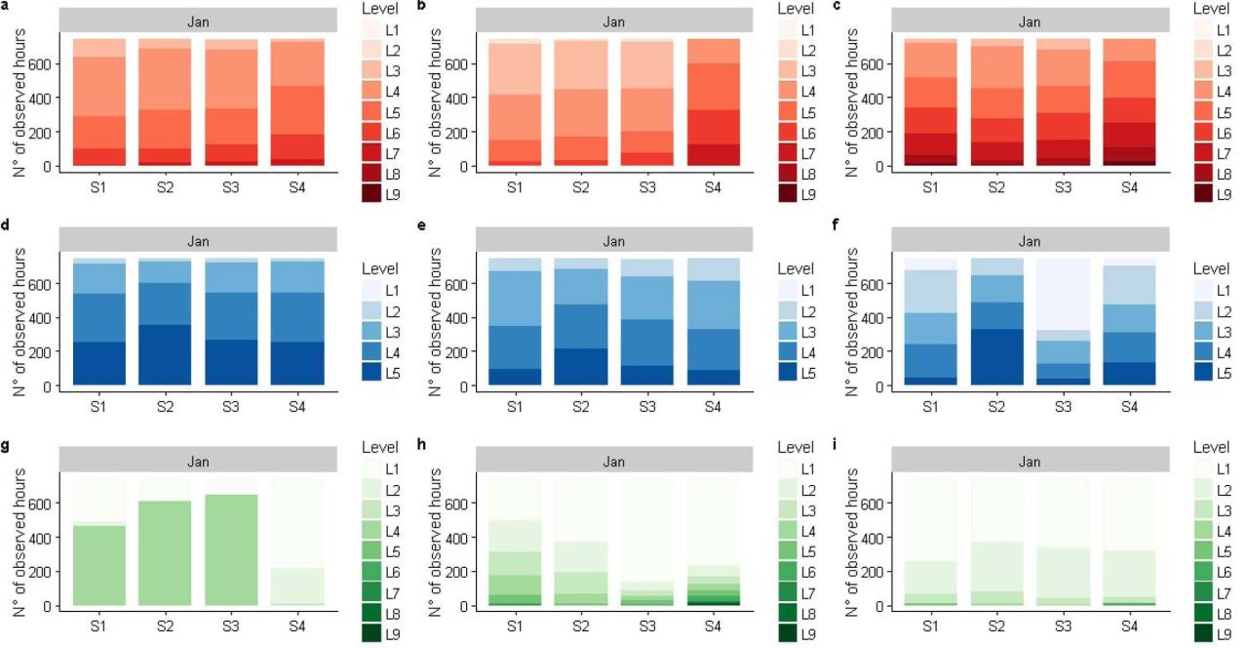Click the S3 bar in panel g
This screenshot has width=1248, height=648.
(231, 541)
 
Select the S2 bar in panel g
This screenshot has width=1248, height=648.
(165, 541)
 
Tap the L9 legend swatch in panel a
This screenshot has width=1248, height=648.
(371, 194)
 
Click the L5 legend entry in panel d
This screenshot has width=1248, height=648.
(381, 373)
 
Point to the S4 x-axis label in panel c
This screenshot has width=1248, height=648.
(1129, 187)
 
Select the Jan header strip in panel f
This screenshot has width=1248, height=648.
(1030, 241)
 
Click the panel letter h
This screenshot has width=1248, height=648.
(422, 444)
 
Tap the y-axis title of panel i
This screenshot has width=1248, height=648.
(852, 542)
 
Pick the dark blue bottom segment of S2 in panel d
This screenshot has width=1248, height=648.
(165, 354)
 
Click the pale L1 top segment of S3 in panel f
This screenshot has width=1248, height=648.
(1063, 295)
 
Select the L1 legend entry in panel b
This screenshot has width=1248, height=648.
(797, 30)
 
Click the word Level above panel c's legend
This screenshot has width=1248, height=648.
(1211, 9)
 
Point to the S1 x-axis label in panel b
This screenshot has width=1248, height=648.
(515, 187)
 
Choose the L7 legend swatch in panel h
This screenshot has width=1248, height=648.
(787, 592)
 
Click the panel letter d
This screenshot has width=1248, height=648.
(5, 224)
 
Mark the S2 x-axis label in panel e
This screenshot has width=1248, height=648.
(581, 407)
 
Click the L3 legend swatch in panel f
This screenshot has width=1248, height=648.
(1203, 332)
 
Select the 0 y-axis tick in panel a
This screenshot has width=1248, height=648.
(49, 166)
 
